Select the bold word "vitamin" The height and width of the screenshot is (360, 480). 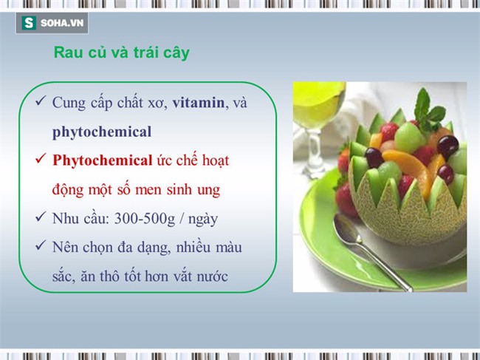[x=198, y=103]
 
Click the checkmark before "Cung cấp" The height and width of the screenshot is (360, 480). [x=39, y=103]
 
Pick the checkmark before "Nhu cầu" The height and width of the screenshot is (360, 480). [x=39, y=219]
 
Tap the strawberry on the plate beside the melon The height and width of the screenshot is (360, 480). [x=346, y=199]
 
